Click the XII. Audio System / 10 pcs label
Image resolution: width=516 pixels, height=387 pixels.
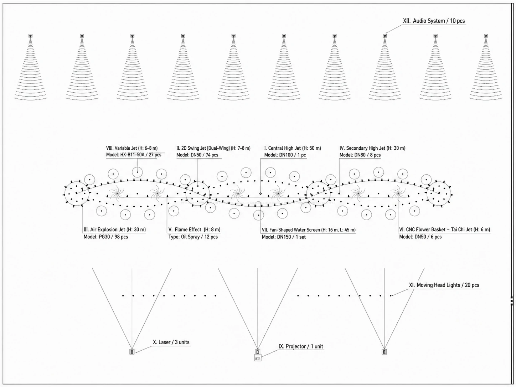pyautogui.click(x=434, y=21)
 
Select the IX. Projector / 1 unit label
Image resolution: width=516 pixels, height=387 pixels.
pyautogui.click(x=301, y=346)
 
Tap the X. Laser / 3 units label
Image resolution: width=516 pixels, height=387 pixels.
pyautogui.click(x=171, y=342)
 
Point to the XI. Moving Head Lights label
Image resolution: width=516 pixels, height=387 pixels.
pyautogui.click(x=444, y=285)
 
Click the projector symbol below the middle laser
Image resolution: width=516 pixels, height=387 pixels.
pyautogui.click(x=258, y=358)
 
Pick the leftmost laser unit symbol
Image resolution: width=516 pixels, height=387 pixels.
pyautogui.click(x=132, y=352)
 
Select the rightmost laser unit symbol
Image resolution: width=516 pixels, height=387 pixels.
pyautogui.click(x=385, y=352)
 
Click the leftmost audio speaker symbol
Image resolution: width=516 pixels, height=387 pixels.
pyautogui.click(x=31, y=36)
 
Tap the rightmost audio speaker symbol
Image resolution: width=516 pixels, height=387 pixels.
pyautogui.click(x=486, y=36)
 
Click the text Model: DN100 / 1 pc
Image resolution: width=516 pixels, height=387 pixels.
pyautogui.click(x=285, y=155)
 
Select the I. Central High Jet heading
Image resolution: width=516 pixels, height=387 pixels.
pyautogui.click(x=293, y=148)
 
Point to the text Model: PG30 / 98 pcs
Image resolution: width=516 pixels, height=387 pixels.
pyautogui.click(x=106, y=237)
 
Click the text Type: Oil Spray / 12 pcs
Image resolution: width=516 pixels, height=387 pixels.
pyautogui.click(x=193, y=237)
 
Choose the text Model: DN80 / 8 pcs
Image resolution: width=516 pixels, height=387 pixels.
pyautogui.click(x=360, y=155)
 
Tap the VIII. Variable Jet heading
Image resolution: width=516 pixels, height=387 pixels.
pyautogui.click(x=132, y=148)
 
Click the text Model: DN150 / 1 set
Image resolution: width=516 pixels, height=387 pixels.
pyautogui.click(x=284, y=237)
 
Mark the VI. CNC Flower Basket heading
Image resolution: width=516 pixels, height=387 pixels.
pyautogui.click(x=445, y=229)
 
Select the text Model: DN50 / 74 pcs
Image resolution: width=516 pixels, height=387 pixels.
pyautogui.click(x=197, y=155)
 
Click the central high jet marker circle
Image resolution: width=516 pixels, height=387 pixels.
pyautogui.click(x=260, y=193)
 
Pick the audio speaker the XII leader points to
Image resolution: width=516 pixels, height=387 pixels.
pyautogui.click(x=385, y=36)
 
